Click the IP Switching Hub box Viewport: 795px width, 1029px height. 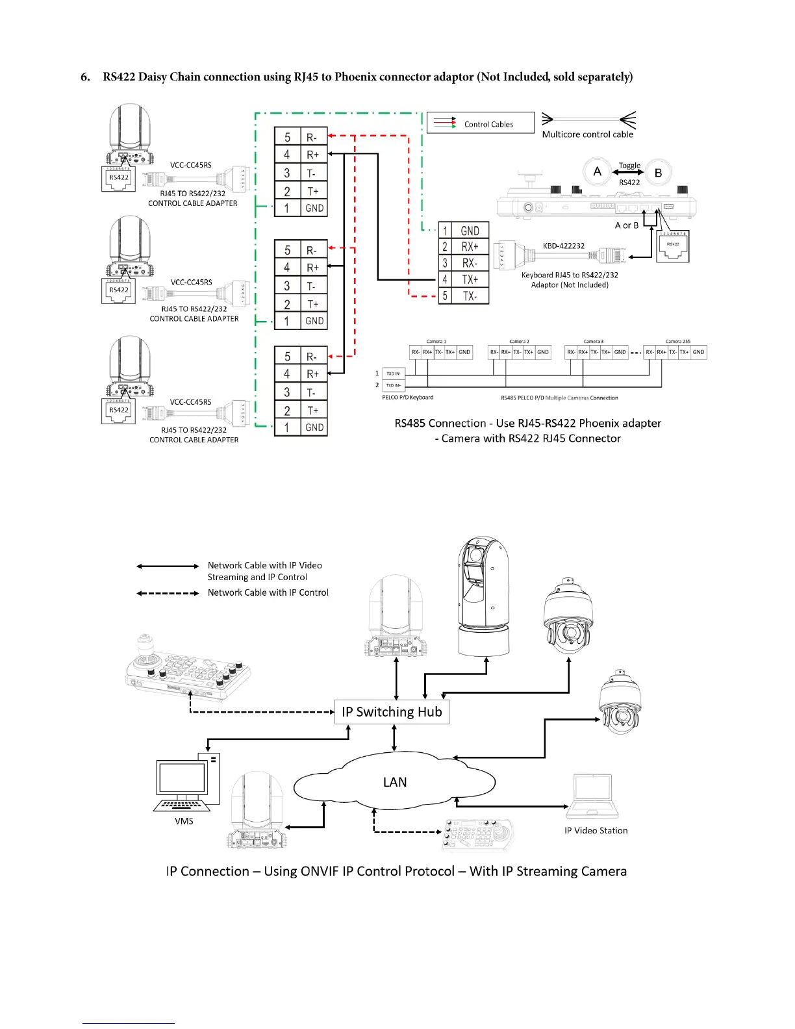tap(392, 712)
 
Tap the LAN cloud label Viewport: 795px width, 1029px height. tap(395, 782)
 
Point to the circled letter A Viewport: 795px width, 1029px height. tap(598, 172)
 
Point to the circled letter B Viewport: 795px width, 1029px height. tap(658, 173)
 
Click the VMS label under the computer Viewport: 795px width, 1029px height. tap(184, 821)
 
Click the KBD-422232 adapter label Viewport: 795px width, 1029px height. tap(564, 246)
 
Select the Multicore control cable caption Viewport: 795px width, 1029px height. tap(587, 134)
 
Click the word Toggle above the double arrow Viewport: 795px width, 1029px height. tap(629, 165)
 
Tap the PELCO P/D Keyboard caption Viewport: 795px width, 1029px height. tap(407, 398)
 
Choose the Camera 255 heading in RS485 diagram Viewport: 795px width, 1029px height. tap(677, 341)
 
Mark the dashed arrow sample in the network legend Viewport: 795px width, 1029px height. tap(168, 593)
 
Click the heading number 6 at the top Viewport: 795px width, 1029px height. tap(85, 77)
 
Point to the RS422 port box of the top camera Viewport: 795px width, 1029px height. tap(119, 178)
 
